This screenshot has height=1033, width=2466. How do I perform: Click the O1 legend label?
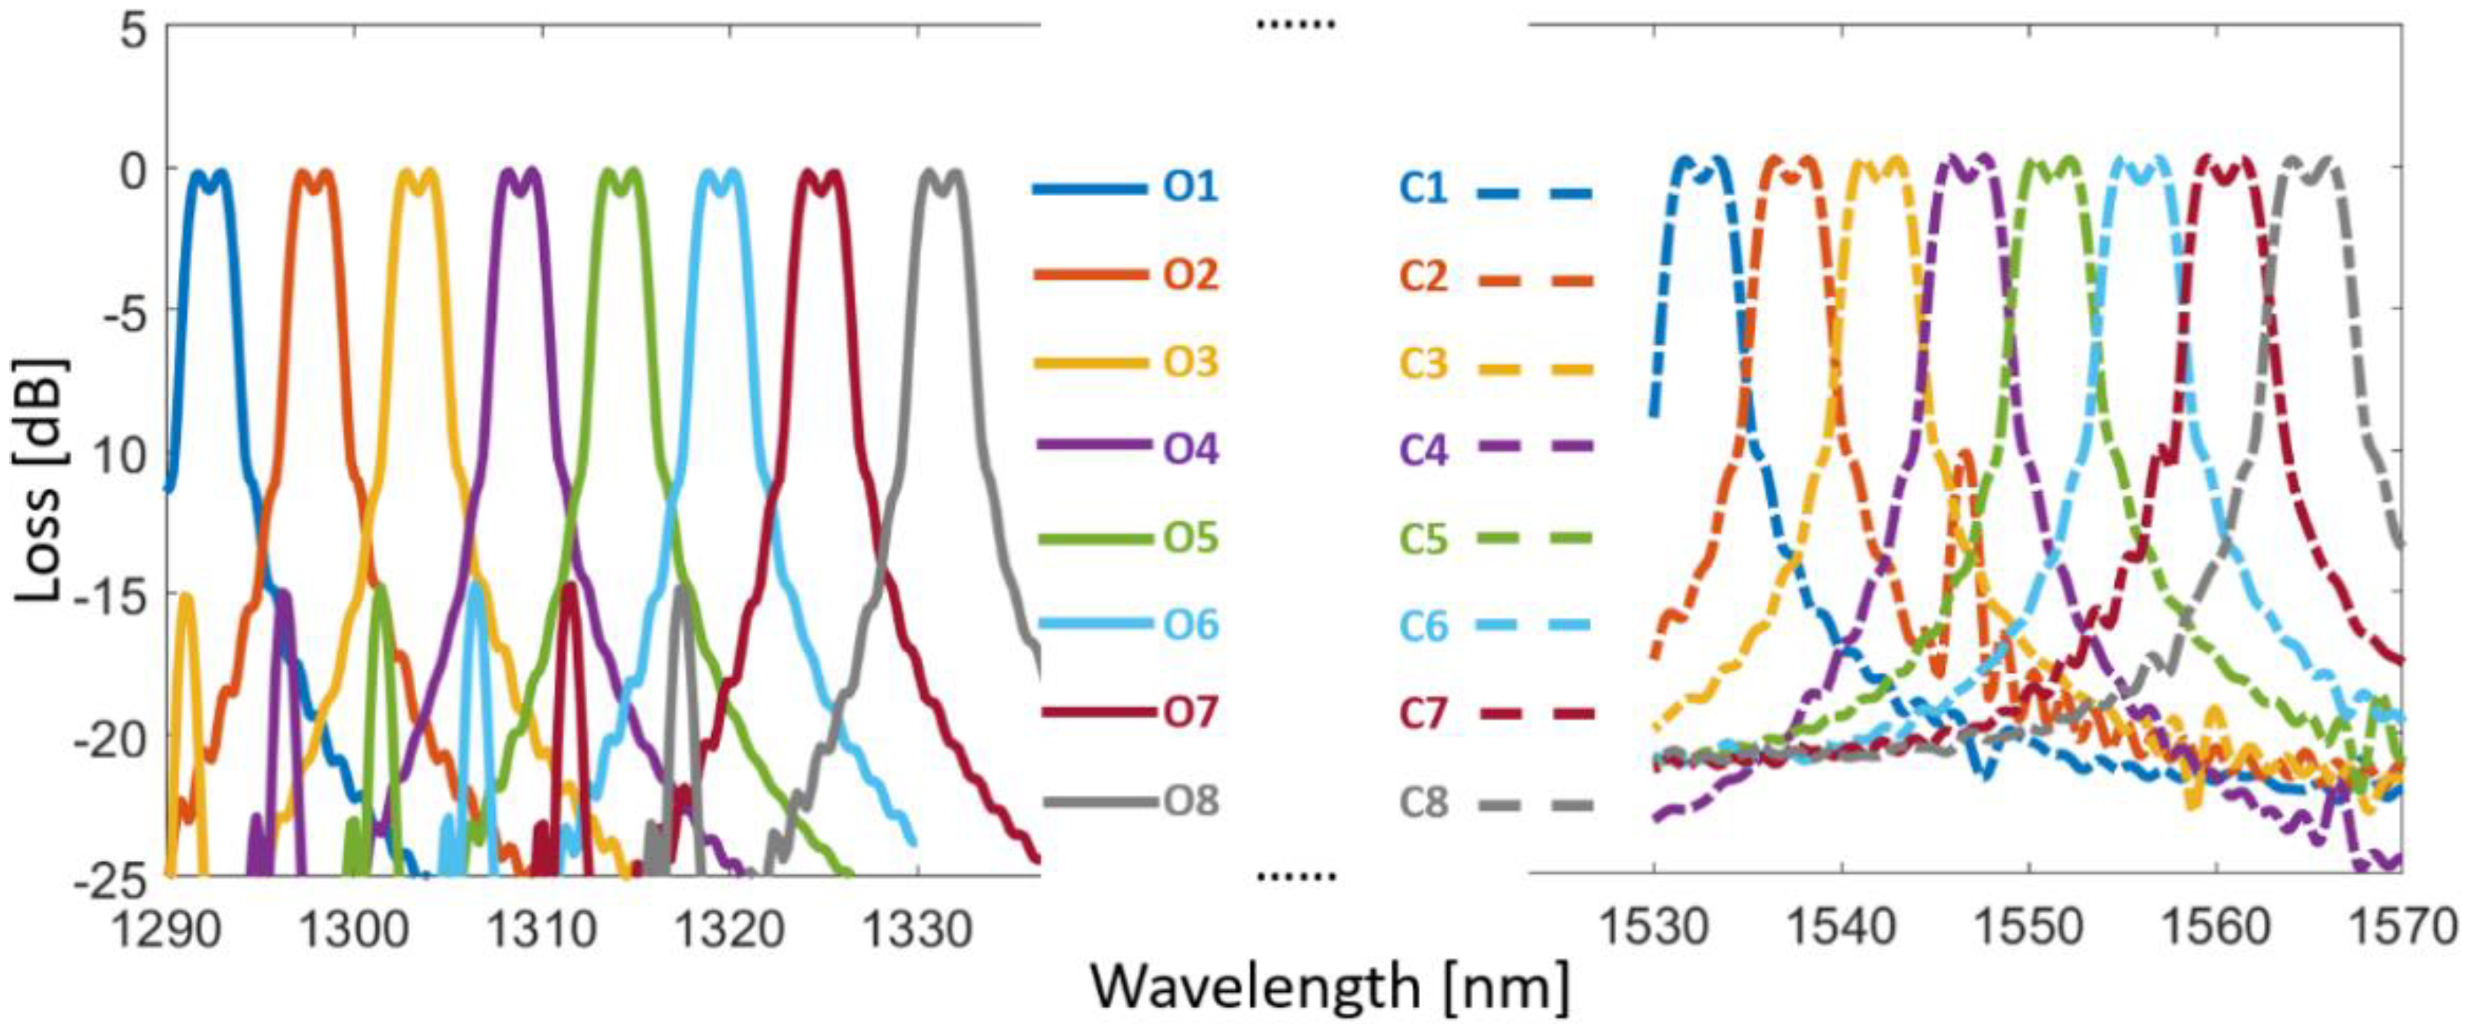(1190, 187)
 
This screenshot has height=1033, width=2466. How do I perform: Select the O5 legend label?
(1190, 538)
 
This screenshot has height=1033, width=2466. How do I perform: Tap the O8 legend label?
(1190, 801)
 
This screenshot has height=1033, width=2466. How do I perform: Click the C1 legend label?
(1423, 188)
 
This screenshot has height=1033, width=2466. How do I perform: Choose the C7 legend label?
(1423, 713)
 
